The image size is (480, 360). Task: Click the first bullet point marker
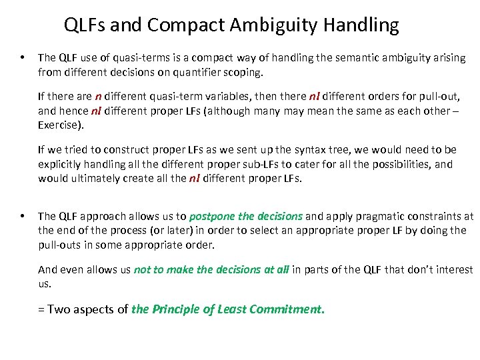[x=23, y=58]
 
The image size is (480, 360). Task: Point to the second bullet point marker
[x=23, y=216]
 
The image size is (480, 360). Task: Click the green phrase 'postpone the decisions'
[x=246, y=216]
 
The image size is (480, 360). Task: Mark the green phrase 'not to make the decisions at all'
[x=211, y=269]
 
